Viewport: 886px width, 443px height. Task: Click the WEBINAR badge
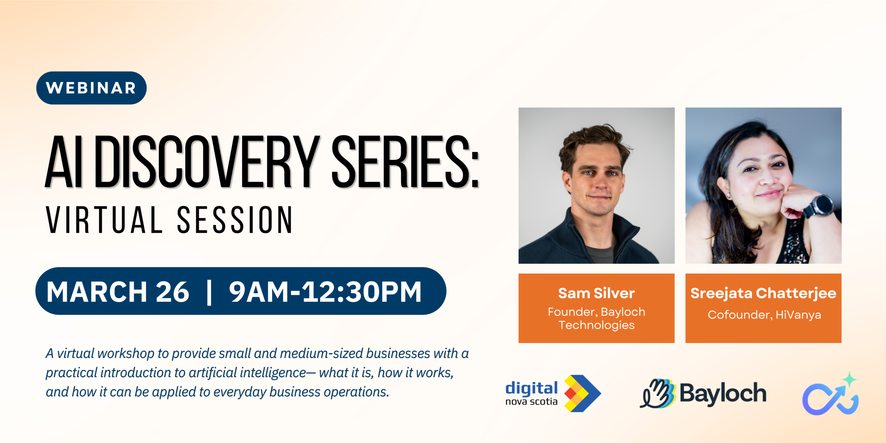[91, 88]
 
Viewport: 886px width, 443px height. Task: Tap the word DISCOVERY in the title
[207, 162]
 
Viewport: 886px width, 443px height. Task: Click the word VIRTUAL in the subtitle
[104, 219]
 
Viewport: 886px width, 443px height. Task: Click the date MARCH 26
[118, 292]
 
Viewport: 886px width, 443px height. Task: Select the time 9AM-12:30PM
[325, 292]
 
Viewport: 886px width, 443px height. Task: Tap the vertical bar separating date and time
[209, 292]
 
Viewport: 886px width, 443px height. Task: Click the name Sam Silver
[596, 293]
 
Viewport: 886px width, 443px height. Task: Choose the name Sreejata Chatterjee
[763, 293]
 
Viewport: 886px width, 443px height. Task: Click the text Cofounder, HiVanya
[764, 315]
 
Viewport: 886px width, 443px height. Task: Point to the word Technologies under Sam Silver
[597, 325]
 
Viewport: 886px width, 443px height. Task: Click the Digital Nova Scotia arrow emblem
[582, 393]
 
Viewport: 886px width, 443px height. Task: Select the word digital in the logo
[532, 388]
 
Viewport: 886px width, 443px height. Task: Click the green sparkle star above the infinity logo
[849, 379]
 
